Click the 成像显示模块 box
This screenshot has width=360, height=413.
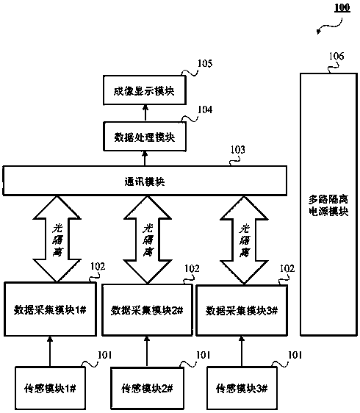pos(145,90)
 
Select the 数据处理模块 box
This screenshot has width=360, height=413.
pos(145,137)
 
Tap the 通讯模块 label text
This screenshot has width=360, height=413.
pos(145,182)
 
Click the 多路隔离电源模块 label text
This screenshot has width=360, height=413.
pos(328,206)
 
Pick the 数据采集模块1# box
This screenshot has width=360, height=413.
pos(50,309)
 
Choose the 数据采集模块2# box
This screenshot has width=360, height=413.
pos(147,310)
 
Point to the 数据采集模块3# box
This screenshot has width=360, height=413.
pos(242,311)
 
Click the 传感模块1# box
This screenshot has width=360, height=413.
pos(50,388)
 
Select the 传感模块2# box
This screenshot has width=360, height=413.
pos(147,389)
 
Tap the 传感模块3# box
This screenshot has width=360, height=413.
pos(242,388)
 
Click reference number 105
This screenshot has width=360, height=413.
pos(205,63)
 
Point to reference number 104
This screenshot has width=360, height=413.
pos(205,109)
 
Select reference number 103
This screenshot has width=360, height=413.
pos(238,150)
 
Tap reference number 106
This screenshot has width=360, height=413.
pos(336,56)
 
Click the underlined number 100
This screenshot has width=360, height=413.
pos(342,7)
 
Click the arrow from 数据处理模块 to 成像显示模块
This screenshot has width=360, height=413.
pos(145,113)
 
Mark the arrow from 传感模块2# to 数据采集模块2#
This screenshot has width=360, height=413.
pos(147,351)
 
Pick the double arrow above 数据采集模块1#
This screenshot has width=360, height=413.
pos(57,239)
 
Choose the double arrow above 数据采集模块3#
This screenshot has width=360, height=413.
pos(244,240)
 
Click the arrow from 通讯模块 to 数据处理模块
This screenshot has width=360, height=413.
pos(145,159)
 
